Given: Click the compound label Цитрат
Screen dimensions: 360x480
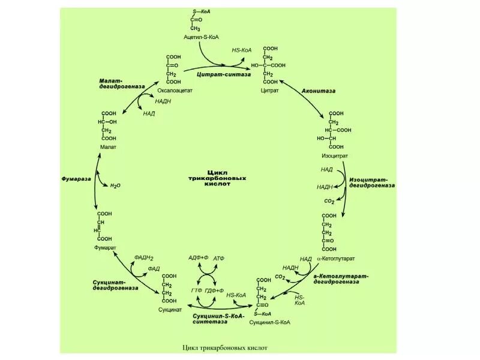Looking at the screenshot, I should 270,91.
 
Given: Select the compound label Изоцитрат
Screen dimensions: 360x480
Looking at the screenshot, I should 335,156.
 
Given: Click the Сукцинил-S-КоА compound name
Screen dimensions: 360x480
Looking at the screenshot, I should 270,322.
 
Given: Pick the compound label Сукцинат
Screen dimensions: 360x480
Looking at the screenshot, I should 170,310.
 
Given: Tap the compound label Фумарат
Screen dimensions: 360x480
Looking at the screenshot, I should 105,247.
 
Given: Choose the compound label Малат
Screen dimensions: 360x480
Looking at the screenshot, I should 109,147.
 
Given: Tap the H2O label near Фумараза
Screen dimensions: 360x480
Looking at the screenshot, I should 115,186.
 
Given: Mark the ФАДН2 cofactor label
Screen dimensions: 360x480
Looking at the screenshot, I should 145,257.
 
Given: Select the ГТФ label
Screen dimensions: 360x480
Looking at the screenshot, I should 196,290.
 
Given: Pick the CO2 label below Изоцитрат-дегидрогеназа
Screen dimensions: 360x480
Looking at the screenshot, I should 329,201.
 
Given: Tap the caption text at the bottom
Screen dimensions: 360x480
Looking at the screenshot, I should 224,347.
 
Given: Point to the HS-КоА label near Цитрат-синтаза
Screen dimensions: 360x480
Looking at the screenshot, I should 242,50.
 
